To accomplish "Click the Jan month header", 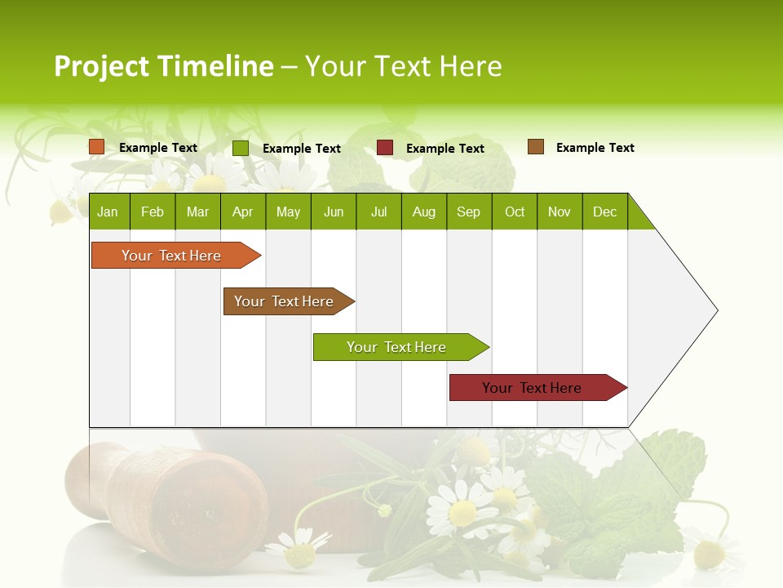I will [108, 212].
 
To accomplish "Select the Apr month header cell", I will [242, 212].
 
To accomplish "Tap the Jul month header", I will [378, 212].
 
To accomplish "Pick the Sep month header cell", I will [468, 212].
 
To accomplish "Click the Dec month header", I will [604, 212].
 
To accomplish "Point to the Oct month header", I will [515, 212].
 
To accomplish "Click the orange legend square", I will [97, 147].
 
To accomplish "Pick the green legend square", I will [241, 148].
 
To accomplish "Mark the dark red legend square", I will [385, 148].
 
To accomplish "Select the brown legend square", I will [535, 147].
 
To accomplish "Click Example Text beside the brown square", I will [595, 148].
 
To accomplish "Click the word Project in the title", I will [100, 66].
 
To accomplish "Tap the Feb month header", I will [153, 212].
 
